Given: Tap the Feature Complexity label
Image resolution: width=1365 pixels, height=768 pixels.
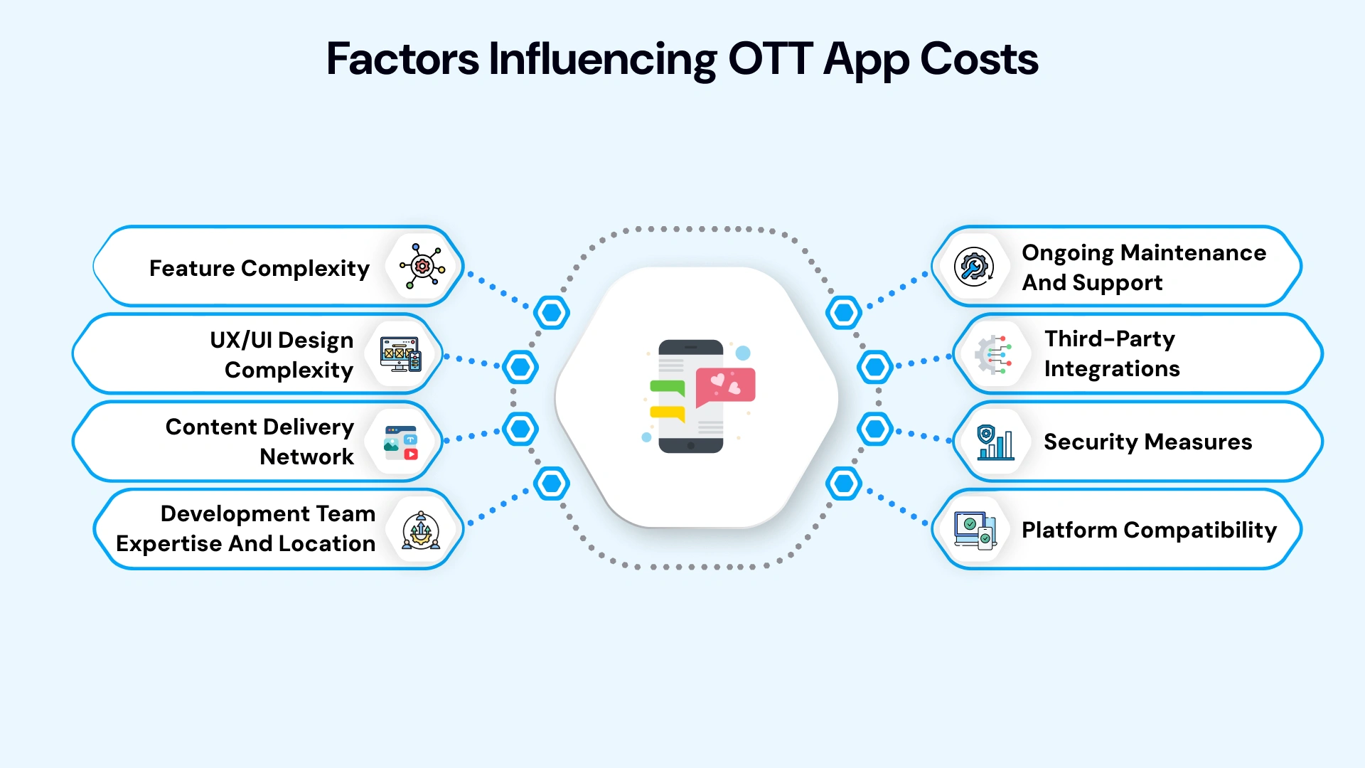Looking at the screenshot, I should pos(259,268).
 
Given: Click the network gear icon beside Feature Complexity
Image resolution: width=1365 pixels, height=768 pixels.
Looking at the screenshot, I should pos(422,266).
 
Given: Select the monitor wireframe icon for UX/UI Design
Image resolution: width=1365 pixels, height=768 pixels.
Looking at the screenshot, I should pos(400,354).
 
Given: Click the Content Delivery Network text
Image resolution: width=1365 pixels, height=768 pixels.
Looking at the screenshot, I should pos(259,441).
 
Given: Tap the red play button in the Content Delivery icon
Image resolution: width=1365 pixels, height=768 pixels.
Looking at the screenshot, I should pos(411,454).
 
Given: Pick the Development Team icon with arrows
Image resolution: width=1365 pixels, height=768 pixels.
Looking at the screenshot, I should pos(421,530).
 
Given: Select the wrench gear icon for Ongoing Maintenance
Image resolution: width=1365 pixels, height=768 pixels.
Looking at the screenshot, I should pos(973,267).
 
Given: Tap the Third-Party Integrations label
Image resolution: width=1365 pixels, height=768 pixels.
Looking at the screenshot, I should pos(1111,353).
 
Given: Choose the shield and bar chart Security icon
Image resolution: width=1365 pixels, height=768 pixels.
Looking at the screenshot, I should pos(995,442).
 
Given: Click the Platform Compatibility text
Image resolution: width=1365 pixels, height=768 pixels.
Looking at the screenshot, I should pos(1148,530).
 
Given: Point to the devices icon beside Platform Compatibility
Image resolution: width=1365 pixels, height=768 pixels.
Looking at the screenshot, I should pos(975,530).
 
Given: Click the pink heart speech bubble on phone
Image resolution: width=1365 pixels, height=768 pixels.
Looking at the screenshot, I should pos(725,385).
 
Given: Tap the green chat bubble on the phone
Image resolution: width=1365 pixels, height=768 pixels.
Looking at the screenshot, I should pos(667,388).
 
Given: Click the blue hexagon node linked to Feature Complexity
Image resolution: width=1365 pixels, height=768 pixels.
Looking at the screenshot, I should pos(552,312).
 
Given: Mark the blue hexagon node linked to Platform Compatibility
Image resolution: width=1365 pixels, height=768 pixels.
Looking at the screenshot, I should pos(844,484).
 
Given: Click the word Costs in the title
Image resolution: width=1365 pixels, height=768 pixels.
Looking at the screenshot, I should pos(979,58).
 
